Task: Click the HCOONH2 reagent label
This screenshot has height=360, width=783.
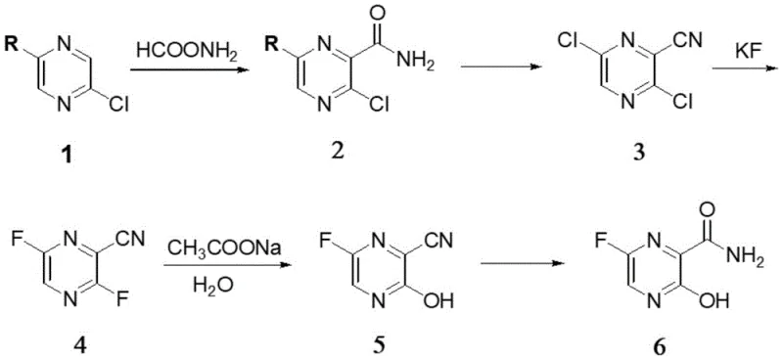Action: (188, 46)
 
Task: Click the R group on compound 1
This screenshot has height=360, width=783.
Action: (13, 44)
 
